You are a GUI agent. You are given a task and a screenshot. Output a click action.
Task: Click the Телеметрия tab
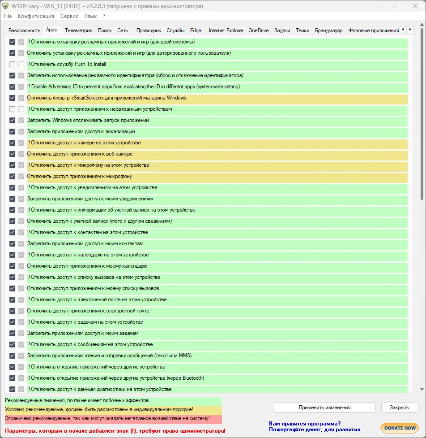pyautogui.click(x=78, y=30)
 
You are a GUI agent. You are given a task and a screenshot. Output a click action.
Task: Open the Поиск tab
pyautogui.click(x=105, y=30)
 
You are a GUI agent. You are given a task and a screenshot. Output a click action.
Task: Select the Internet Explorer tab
pyautogui.click(x=226, y=30)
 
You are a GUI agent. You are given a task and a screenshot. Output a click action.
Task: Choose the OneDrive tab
pyautogui.click(x=258, y=30)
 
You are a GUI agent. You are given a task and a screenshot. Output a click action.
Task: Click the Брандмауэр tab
pyautogui.click(x=328, y=30)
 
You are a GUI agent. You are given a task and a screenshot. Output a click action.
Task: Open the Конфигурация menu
pyautogui.click(x=36, y=16)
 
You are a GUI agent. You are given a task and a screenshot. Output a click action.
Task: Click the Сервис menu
pyautogui.click(x=69, y=16)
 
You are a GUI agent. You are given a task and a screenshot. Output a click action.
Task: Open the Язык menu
pyautogui.click(x=90, y=16)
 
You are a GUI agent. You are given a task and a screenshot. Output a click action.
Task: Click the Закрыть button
pyautogui.click(x=399, y=408)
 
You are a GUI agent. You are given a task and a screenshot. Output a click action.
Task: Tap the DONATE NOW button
pyautogui.click(x=400, y=428)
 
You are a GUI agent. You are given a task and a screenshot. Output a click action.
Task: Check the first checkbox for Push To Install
pyautogui.click(x=13, y=65)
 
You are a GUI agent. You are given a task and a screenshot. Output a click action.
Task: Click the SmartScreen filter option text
pyautogui.click(x=106, y=98)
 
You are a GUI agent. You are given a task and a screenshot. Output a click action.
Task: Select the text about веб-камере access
pyautogui.click(x=80, y=154)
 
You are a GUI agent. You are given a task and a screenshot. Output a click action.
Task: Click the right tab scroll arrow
pyautogui.click(x=410, y=30)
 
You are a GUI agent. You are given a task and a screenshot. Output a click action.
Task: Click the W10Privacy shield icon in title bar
pyautogui.click(x=5, y=6)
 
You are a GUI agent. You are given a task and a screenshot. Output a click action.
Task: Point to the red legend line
pyautogui.click(x=107, y=419)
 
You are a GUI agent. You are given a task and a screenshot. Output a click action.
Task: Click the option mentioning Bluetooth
pyautogui.click(x=115, y=378)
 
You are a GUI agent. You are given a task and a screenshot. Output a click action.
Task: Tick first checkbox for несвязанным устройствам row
pyautogui.click(x=13, y=109)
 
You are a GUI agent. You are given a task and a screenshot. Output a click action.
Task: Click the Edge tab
pyautogui.click(x=196, y=30)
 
